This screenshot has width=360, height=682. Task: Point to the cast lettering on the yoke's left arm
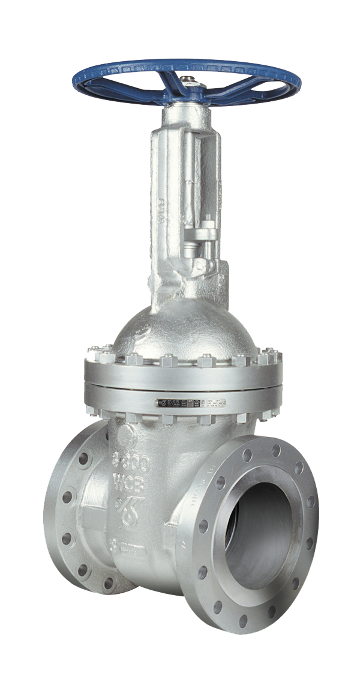pos(161,210)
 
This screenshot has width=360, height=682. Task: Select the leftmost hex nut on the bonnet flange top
pos(92,354)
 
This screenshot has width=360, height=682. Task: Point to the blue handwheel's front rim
pos(186,99)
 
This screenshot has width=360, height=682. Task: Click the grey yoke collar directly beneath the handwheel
pos(187,114)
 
